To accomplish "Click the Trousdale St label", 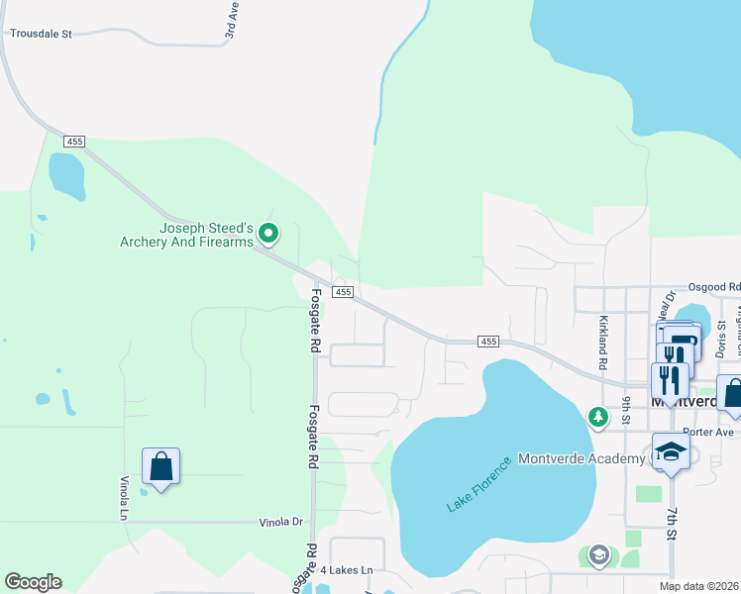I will click(42, 33).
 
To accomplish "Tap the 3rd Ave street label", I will click(232, 20).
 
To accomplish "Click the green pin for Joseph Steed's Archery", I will click(267, 235).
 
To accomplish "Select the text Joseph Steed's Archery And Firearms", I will click(186, 235).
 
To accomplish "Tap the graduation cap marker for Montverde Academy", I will click(671, 451).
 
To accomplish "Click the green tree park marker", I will click(597, 417).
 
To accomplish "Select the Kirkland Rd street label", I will click(601, 343).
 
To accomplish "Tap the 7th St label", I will click(672, 524).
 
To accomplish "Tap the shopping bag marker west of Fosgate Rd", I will click(160, 466).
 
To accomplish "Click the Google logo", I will click(33, 582).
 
